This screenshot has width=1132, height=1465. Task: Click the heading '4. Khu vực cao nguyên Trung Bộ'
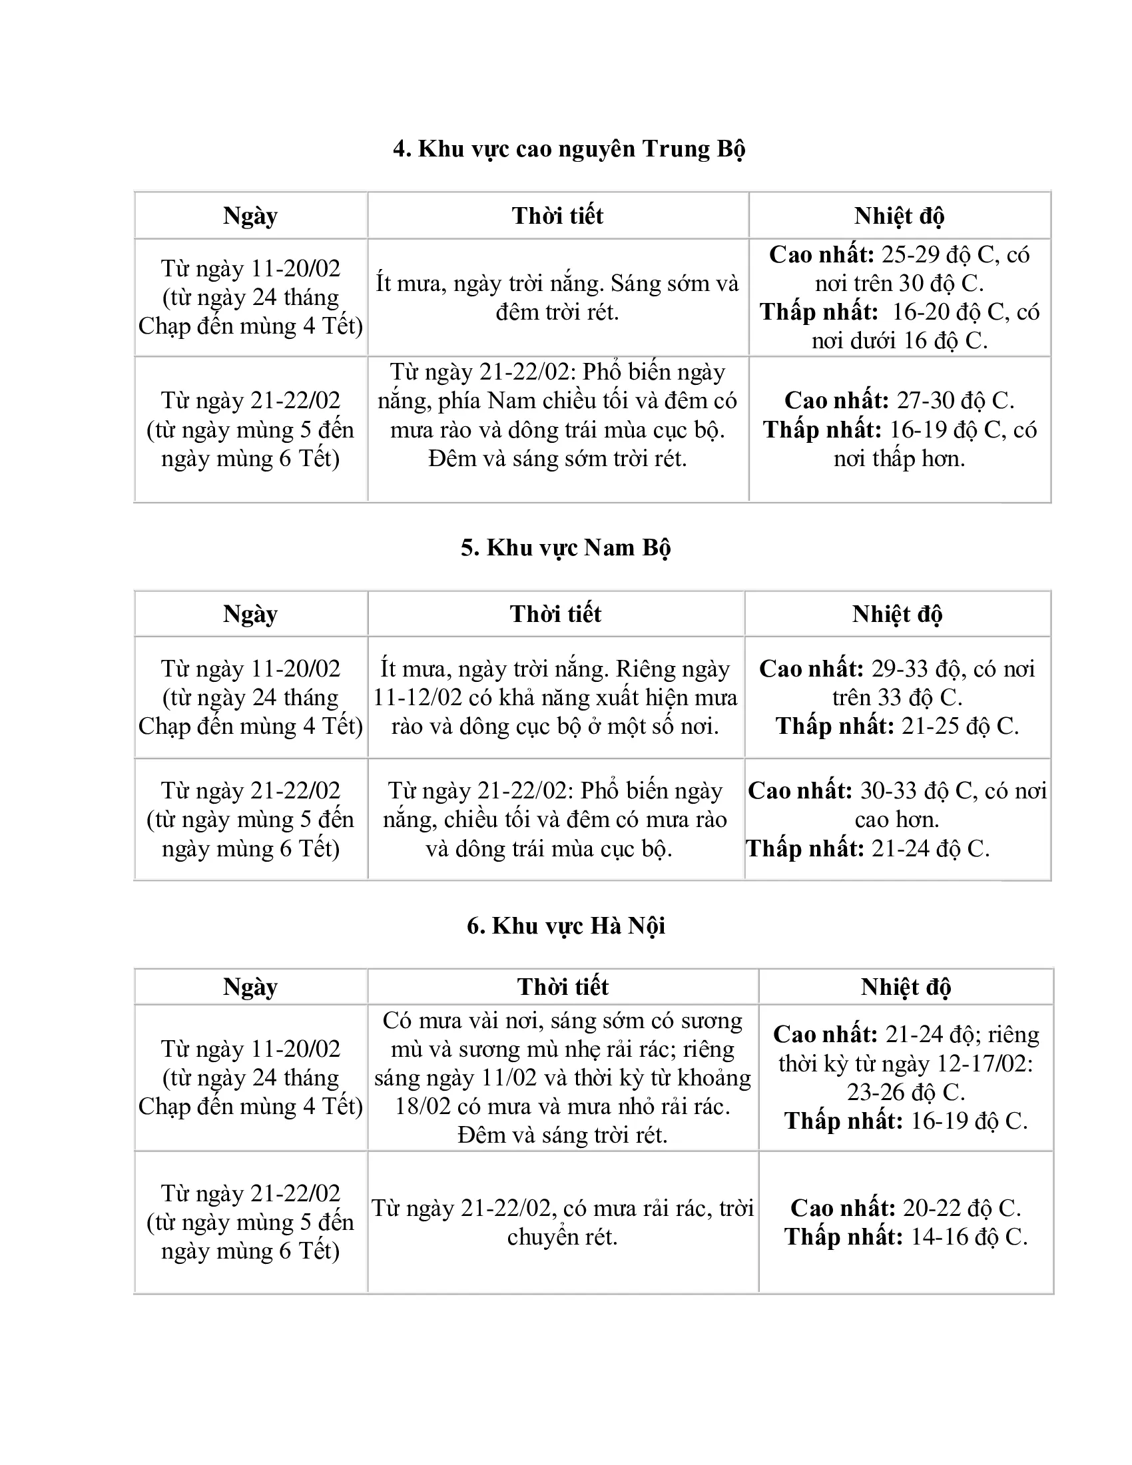(569, 149)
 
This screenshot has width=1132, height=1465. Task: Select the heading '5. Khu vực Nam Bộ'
(565, 548)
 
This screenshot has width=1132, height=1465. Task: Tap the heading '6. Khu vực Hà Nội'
(565, 926)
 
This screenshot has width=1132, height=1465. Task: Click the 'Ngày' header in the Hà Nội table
(250, 987)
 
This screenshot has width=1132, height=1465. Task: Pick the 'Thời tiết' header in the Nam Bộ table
(555, 614)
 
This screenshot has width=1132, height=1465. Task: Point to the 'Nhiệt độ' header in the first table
(899, 216)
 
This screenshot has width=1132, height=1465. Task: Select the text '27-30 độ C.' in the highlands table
(955, 400)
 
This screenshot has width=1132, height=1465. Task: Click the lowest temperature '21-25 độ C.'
(960, 727)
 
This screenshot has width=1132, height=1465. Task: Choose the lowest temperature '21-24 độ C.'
(930, 849)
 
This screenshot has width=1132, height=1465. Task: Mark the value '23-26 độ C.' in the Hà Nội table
(906, 1093)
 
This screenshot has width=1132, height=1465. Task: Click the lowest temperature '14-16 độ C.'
(968, 1237)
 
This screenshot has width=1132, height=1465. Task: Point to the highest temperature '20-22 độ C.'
(962, 1208)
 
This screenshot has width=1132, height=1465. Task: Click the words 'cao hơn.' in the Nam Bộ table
(897, 820)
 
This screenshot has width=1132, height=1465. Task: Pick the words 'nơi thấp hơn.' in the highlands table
(899, 459)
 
